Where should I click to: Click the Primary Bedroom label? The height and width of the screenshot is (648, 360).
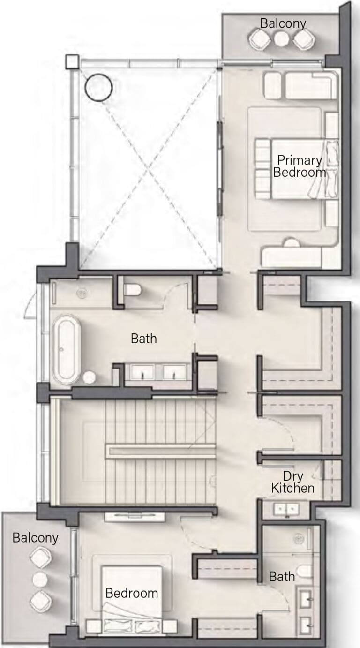pyautogui.click(x=300, y=166)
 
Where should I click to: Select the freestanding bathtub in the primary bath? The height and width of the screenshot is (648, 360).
pyautogui.click(x=66, y=350)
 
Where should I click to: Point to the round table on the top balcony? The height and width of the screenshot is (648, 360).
pyautogui.click(x=281, y=39)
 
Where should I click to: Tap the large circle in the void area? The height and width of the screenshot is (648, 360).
pyautogui.click(x=98, y=87)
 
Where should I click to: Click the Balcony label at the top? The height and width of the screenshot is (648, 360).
pyautogui.click(x=283, y=23)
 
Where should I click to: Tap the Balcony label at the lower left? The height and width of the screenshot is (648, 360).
pyautogui.click(x=35, y=538)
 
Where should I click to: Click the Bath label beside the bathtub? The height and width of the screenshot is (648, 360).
pyautogui.click(x=144, y=339)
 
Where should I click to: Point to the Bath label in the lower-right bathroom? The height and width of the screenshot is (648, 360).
pyautogui.click(x=282, y=577)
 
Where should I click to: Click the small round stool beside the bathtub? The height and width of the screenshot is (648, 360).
pyautogui.click(x=89, y=377)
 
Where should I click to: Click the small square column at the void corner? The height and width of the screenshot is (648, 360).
pyautogui.click(x=72, y=61)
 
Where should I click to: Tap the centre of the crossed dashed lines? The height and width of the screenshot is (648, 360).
pyautogui.click(x=148, y=169)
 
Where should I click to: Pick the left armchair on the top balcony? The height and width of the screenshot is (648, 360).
pyautogui.click(x=260, y=39)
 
